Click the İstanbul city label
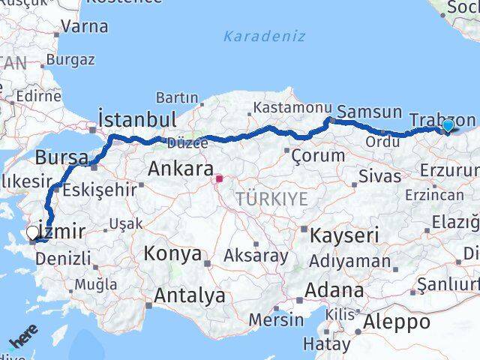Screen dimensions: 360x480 138,120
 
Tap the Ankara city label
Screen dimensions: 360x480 180,169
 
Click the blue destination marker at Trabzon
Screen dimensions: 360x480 448,126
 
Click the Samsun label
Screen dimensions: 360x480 370,112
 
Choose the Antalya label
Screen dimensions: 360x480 190,295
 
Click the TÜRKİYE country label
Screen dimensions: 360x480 271,199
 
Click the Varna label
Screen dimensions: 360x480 85,26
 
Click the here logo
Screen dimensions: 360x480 23,342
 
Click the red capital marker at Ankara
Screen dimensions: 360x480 219,179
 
